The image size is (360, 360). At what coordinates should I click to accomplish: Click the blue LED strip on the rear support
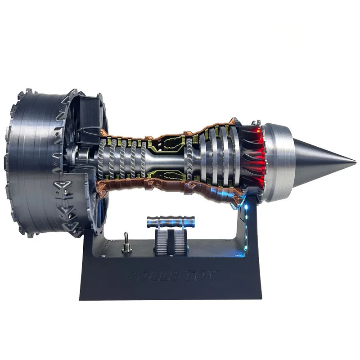coord(247,220)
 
